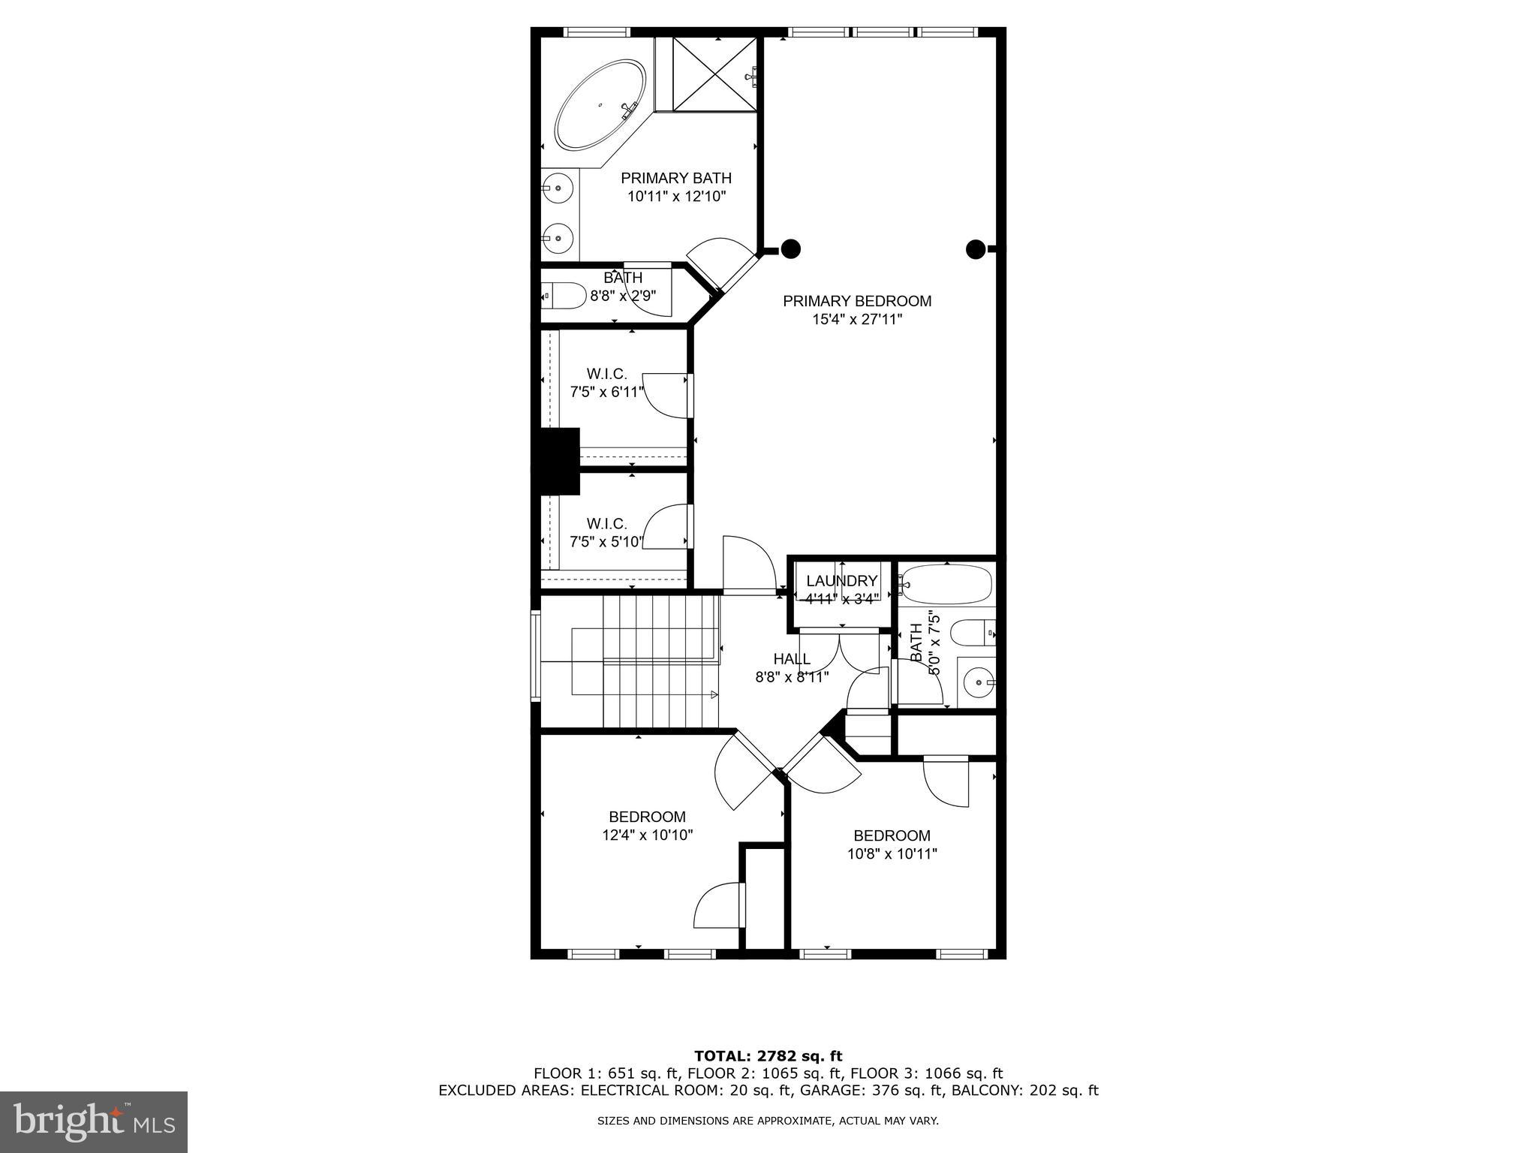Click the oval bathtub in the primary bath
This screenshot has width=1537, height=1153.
(600, 115)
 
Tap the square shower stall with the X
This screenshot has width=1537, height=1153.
(714, 74)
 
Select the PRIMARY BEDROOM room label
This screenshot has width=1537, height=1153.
(857, 301)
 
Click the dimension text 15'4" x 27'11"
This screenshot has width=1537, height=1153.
(857, 319)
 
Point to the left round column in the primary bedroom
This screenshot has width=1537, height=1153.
(790, 248)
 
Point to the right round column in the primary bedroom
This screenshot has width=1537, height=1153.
(975, 248)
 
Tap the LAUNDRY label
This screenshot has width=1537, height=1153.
(841, 581)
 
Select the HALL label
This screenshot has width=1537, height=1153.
(792, 659)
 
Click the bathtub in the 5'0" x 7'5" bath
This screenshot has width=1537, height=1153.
(947, 584)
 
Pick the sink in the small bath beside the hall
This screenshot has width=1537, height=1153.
(978, 682)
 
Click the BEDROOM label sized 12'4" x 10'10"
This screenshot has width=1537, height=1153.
(647, 817)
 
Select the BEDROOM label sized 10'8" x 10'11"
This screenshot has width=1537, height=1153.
(892, 835)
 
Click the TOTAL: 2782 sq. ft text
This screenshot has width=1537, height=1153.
(768, 1056)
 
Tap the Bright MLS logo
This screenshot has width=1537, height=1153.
(94, 1121)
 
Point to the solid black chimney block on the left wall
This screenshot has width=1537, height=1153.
(556, 461)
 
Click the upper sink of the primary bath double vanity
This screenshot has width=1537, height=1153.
(558, 188)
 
